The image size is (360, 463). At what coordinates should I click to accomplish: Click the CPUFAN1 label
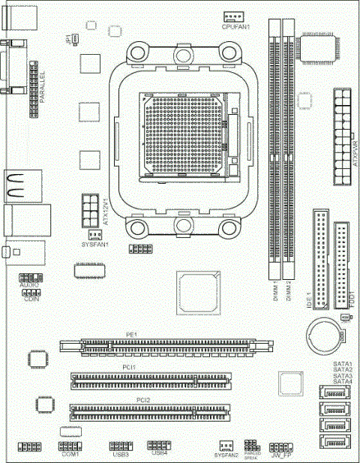235,27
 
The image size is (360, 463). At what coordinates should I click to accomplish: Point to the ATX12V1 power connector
89,206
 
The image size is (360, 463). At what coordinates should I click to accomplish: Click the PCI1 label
130,366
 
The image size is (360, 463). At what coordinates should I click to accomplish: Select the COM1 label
70,454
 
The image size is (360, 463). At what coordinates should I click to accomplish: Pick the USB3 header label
120,454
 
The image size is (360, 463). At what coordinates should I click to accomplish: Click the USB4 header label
159,453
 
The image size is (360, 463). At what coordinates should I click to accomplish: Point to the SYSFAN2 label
226,455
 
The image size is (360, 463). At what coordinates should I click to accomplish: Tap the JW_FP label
282,455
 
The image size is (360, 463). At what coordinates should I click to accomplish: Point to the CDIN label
31,299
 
